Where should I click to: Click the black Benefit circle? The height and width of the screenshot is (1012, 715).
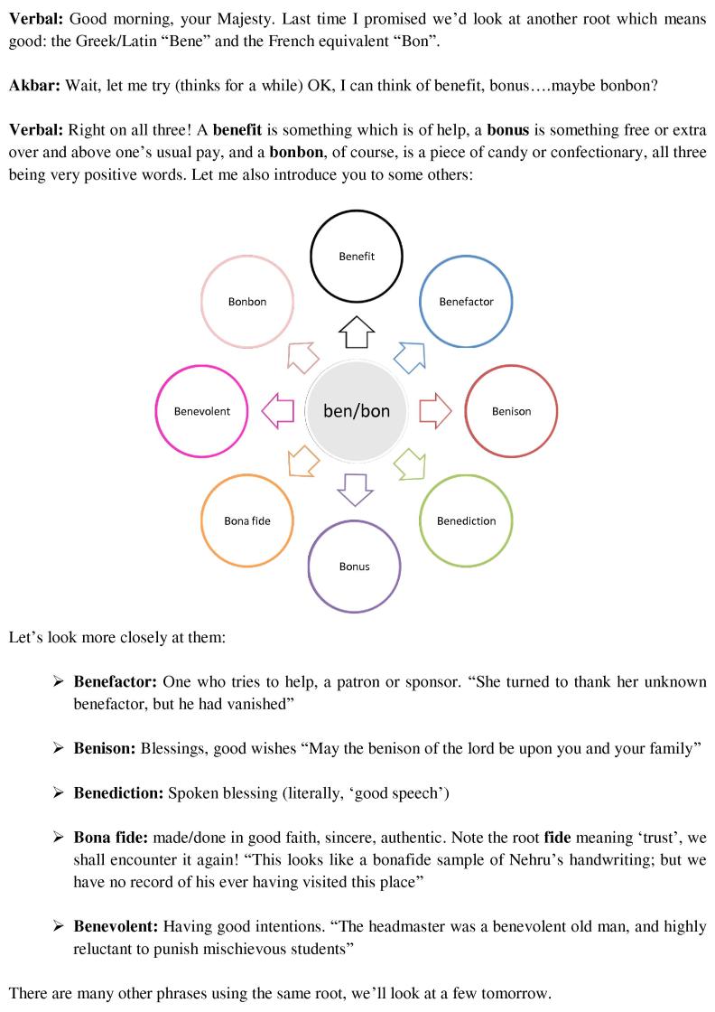(356, 257)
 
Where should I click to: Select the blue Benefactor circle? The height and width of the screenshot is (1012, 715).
(466, 302)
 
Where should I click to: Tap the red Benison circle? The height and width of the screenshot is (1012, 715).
(511, 411)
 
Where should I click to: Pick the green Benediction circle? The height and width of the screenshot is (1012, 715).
(466, 521)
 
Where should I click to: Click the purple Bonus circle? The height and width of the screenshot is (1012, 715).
(354, 567)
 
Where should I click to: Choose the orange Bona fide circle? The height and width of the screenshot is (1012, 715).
(246, 521)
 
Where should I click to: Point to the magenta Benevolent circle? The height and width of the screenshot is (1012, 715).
(201, 411)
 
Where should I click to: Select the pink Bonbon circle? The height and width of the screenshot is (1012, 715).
(246, 302)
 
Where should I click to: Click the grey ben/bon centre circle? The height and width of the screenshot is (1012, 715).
(356, 411)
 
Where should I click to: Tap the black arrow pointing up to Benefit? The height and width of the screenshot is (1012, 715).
(356, 333)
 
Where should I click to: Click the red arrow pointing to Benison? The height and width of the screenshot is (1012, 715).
(434, 411)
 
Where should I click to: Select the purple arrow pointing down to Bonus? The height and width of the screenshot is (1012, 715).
(355, 489)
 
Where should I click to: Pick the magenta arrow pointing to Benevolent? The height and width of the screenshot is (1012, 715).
(278, 411)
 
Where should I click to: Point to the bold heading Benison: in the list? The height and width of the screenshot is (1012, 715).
(105, 748)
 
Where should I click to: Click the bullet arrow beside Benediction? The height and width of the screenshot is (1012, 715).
(59, 793)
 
